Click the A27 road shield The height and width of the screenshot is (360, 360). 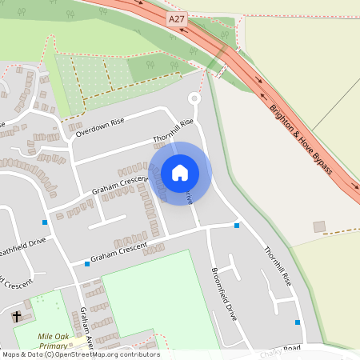[x=178, y=17]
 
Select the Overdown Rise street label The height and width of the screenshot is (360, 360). [x=101, y=128]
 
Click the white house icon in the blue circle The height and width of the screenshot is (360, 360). [x=180, y=173]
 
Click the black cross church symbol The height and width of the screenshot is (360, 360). [x=17, y=317]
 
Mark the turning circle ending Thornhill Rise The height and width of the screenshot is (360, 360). [x=194, y=98]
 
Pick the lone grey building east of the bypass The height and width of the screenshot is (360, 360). [x=319, y=226]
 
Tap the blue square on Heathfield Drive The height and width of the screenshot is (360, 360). [x=45, y=222]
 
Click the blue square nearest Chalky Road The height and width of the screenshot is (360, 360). [x=298, y=322]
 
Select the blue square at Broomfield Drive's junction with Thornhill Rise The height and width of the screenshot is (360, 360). [x=237, y=226]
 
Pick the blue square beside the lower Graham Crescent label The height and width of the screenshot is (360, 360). [x=86, y=263]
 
